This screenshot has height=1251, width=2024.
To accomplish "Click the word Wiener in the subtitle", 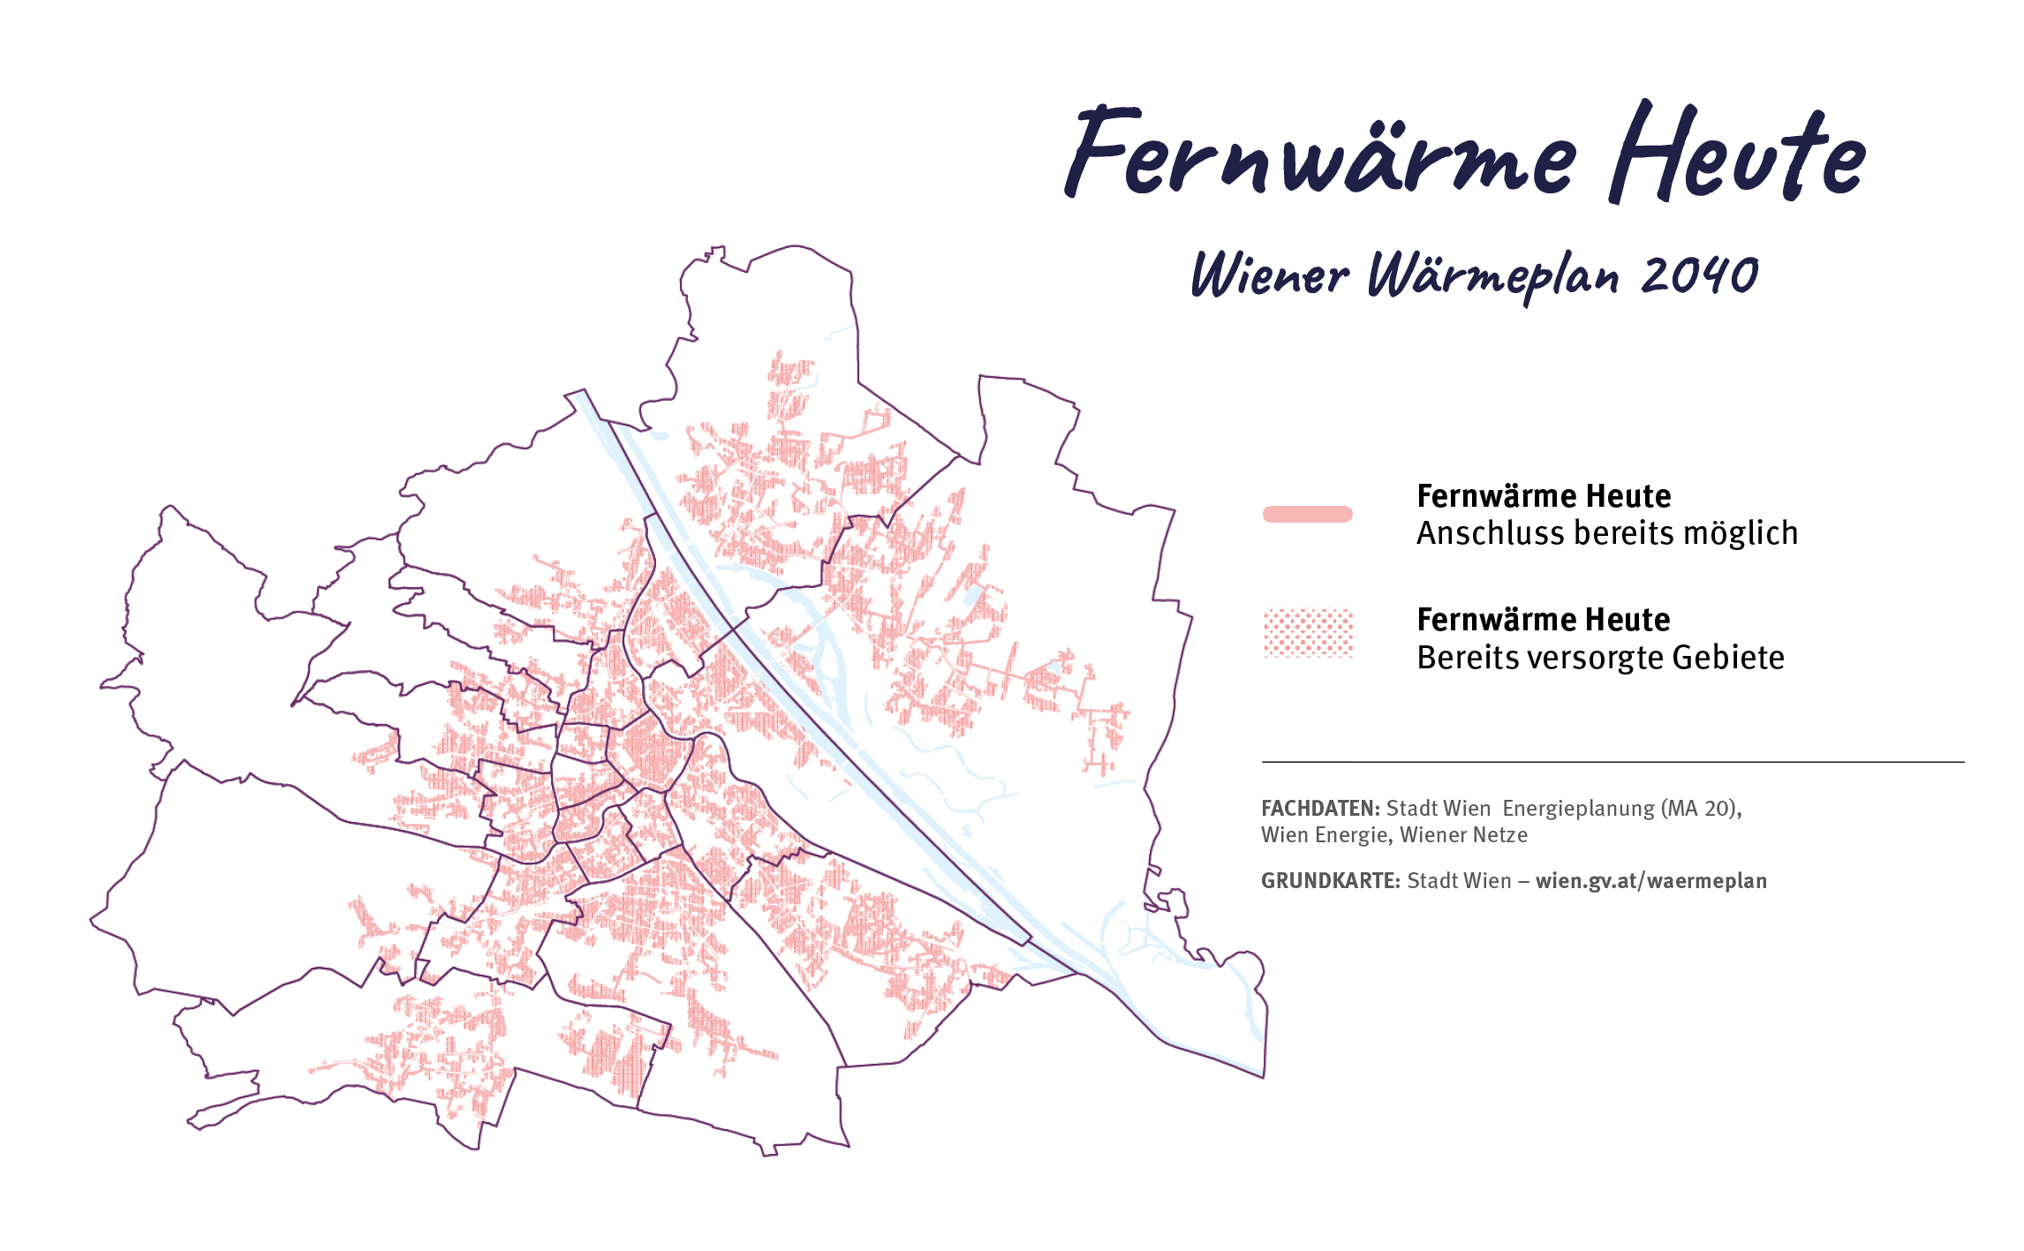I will (1270, 275).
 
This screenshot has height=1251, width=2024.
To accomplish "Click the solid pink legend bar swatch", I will (1308, 514).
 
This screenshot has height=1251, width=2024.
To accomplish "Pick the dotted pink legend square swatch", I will (1308, 633).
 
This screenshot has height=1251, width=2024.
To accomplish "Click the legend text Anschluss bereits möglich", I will (1606, 533).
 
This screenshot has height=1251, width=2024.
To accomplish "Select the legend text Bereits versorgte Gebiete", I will (1600, 658).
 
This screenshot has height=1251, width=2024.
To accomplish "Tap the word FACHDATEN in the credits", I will (1319, 808).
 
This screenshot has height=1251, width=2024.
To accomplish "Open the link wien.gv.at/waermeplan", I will (1650, 880).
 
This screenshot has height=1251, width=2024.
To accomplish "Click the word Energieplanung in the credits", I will (1578, 808).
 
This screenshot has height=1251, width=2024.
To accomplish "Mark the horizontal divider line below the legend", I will (1612, 761).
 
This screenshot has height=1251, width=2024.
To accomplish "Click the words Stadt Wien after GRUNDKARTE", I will (1459, 880).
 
